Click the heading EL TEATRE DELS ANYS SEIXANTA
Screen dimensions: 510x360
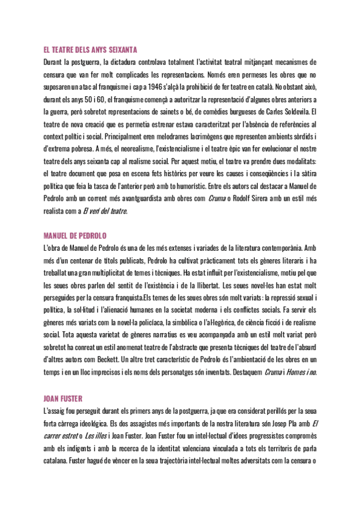coord(91,50)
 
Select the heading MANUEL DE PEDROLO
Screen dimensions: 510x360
coord(75,234)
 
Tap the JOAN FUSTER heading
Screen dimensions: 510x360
coord(63,398)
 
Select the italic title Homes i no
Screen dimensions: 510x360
coord(302,372)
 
